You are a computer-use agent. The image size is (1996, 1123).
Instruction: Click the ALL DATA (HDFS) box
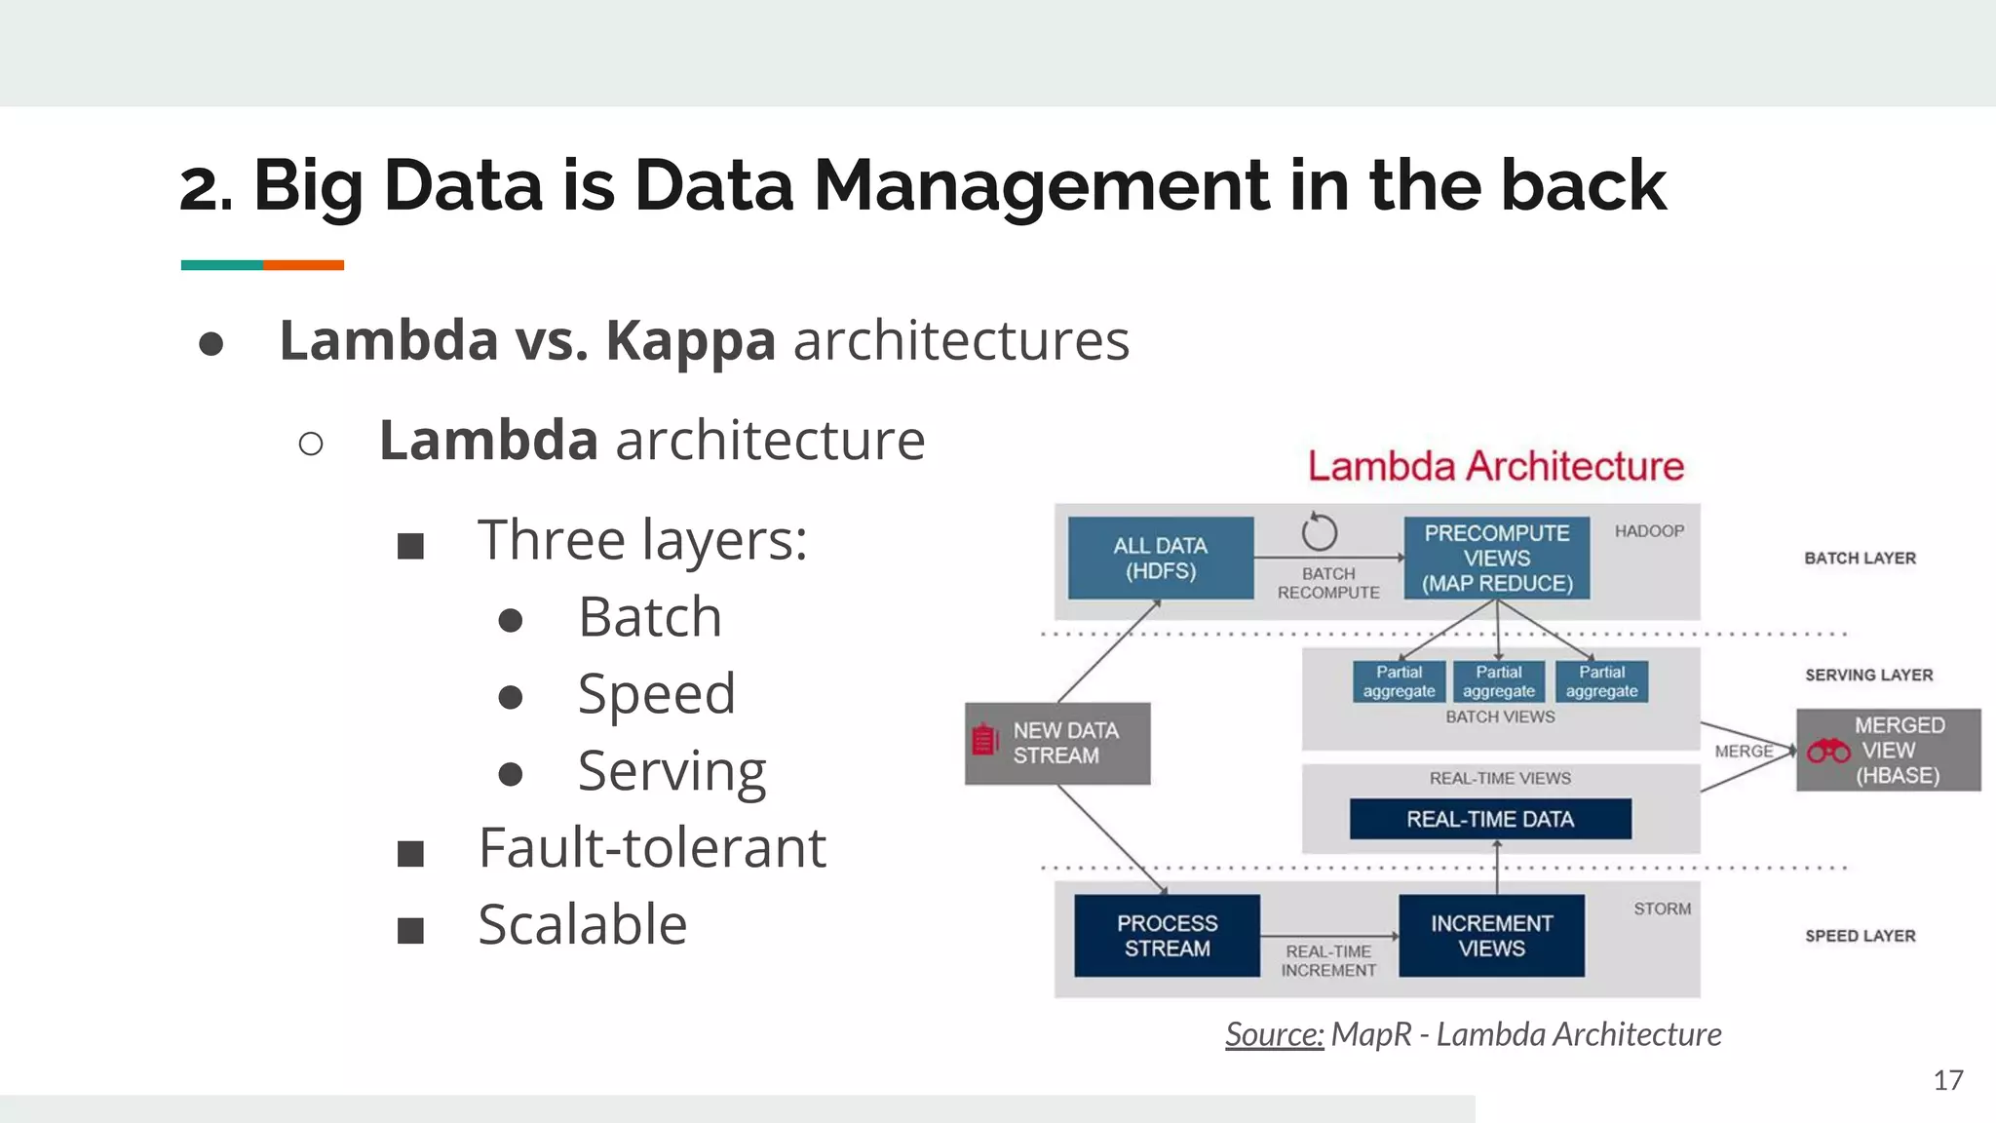[x=1160, y=559]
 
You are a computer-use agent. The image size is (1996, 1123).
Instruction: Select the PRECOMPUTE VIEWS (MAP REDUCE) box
[x=1497, y=559]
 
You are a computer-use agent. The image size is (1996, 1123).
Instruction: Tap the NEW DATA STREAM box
[x=1057, y=743]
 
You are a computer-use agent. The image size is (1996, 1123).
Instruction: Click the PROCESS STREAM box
[x=1167, y=936]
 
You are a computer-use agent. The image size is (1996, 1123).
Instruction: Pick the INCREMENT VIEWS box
[x=1491, y=936]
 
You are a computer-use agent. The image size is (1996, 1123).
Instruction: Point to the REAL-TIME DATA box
[x=1490, y=819]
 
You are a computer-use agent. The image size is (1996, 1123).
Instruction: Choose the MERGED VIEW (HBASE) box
[x=1889, y=751]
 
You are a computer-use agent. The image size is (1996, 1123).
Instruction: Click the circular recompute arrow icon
[x=1319, y=532]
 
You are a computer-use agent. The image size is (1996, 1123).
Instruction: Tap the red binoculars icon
[x=1828, y=752]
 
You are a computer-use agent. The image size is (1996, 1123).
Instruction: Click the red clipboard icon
[x=985, y=741]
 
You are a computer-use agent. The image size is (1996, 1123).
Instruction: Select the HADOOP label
[x=1649, y=531]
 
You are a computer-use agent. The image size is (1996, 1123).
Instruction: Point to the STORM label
[x=1663, y=909]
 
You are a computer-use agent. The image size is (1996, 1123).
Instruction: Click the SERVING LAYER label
[x=1868, y=675]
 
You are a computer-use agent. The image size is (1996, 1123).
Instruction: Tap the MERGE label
[x=1744, y=752]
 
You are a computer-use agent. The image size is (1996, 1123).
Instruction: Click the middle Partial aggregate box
[x=1498, y=681]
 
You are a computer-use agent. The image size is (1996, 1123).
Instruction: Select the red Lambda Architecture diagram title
[x=1495, y=467]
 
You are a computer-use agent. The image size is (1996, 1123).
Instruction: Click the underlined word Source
[x=1274, y=1034]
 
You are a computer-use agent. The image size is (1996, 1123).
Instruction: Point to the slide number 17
[x=1948, y=1080]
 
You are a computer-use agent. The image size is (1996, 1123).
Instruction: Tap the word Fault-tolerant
[x=652, y=847]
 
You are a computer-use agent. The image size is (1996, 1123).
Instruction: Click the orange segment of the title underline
[x=303, y=265]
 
